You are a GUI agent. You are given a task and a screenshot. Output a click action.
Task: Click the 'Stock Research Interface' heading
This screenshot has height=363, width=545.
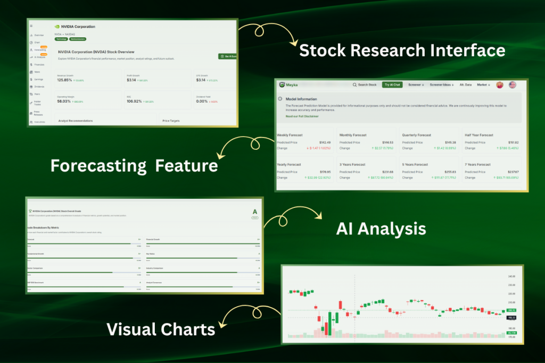(402, 50)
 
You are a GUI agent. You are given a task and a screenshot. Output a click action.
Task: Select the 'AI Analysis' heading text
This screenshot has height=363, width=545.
(381, 229)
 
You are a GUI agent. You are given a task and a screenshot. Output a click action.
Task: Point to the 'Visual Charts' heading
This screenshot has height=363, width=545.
(161, 329)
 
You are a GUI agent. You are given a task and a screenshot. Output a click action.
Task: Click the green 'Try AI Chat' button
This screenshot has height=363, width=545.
(393, 85)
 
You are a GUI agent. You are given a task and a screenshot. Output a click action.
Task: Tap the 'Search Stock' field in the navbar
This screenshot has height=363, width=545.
(365, 85)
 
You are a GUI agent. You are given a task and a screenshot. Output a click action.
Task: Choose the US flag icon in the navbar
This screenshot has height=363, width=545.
(513, 85)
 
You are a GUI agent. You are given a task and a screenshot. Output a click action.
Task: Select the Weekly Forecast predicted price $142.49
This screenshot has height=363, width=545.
(324, 142)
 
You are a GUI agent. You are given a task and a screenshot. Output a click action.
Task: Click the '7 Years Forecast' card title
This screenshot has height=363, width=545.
(477, 165)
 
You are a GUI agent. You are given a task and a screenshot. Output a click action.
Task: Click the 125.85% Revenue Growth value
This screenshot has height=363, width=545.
(68, 80)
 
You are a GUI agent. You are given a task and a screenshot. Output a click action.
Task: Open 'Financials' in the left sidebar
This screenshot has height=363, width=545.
(40, 64)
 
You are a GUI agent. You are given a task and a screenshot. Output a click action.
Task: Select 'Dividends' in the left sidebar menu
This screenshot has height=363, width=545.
(39, 87)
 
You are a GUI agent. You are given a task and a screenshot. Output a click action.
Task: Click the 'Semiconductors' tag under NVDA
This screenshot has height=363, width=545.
(78, 39)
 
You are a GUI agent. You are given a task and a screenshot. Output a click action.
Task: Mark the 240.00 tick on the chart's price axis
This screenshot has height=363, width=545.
(512, 276)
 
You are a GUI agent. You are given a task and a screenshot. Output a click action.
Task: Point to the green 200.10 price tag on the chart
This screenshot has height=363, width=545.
(511, 310)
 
